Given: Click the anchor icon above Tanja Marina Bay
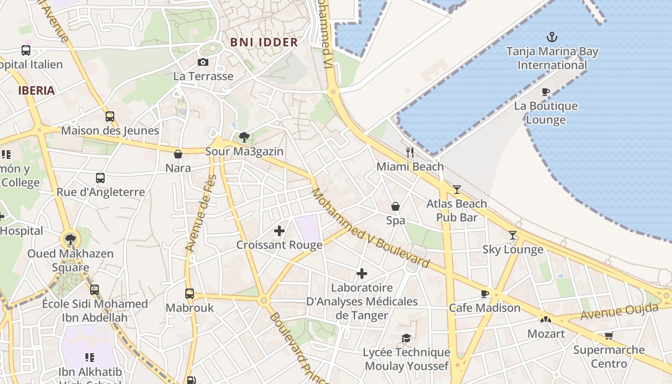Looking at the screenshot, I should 552,36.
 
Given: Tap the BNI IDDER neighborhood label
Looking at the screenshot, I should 264,42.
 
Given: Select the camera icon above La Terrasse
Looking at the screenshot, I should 203,62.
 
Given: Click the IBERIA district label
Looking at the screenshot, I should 36,90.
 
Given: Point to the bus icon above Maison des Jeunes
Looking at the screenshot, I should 110,116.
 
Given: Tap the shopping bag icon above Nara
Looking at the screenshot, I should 178,154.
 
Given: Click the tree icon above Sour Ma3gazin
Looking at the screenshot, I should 244,137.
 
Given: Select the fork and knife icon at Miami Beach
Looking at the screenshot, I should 410,153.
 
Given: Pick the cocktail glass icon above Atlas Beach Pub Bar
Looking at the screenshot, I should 456,190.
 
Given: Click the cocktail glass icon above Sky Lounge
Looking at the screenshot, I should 513,235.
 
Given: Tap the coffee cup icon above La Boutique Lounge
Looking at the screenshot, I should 546,92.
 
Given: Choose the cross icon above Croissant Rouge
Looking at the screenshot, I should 279,231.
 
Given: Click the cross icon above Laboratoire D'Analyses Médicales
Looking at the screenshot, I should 362,274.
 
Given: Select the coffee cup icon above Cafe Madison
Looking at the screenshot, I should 484,294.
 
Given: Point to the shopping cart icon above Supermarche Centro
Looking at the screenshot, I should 609,336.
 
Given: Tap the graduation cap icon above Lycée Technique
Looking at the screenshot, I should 406,338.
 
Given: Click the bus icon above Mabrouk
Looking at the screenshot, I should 190,293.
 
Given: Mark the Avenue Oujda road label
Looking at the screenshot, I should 619,312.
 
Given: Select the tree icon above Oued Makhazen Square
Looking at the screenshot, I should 71,239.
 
